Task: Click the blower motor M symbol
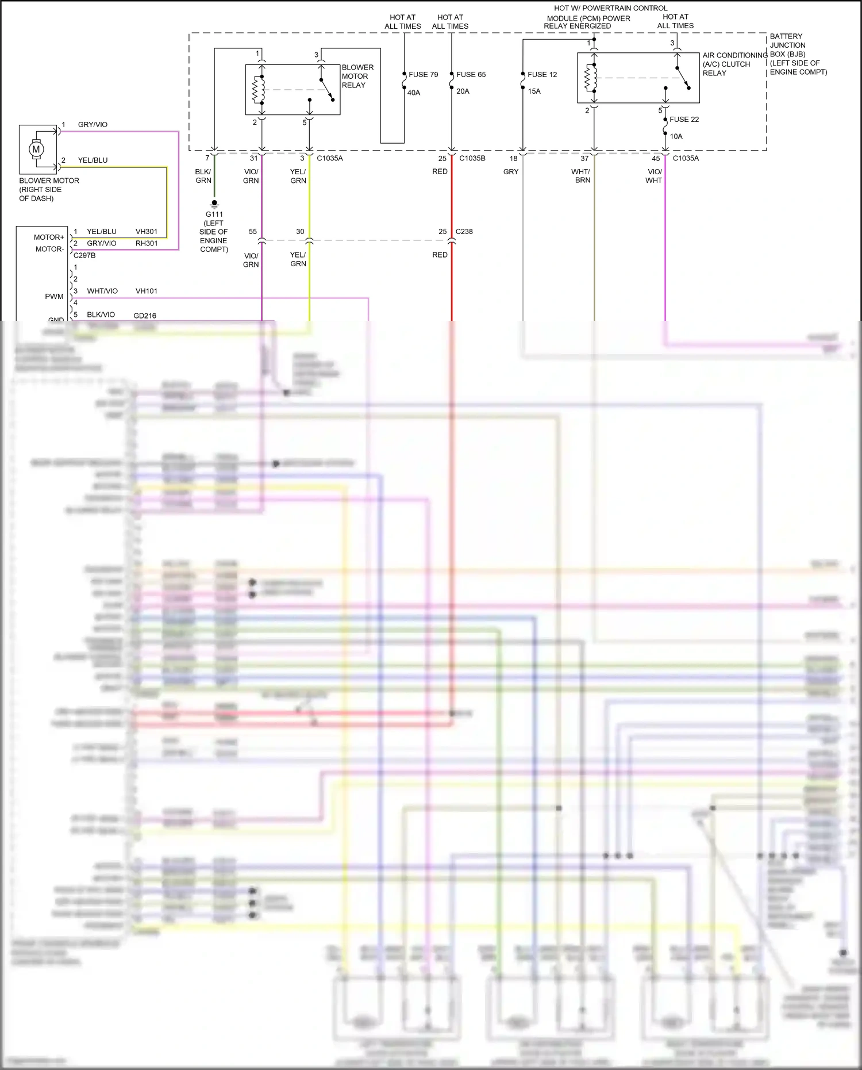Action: (x=36, y=149)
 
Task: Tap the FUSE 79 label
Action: (x=423, y=75)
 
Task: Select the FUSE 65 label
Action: (x=471, y=75)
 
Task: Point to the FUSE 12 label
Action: (x=542, y=75)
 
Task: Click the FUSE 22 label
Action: (x=684, y=120)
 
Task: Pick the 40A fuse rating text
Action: (x=414, y=93)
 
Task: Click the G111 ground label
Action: (x=214, y=214)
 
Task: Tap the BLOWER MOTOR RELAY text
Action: (x=357, y=76)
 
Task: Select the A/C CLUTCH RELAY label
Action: (x=727, y=64)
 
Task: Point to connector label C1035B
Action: (x=472, y=158)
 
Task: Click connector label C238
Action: (x=464, y=232)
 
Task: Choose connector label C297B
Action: (x=84, y=255)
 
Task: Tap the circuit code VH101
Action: (x=146, y=291)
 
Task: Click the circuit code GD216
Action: (x=144, y=316)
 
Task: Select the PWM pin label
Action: (x=54, y=297)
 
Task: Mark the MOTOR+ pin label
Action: (x=49, y=237)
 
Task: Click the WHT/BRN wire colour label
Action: (x=581, y=176)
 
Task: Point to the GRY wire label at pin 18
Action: (x=510, y=172)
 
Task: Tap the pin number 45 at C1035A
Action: (x=656, y=159)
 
